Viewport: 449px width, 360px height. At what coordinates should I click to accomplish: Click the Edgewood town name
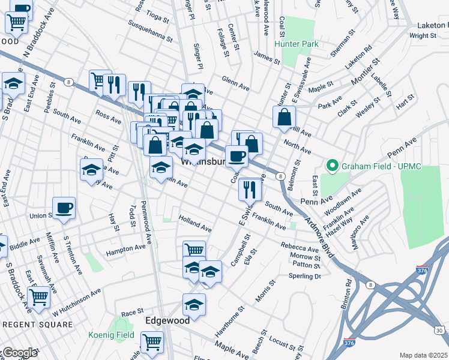click(167, 320)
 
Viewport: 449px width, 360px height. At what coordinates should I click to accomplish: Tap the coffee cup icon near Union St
click(64, 208)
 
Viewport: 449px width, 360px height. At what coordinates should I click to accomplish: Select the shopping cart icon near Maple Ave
click(152, 343)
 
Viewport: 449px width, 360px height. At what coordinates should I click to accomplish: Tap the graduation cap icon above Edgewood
click(194, 304)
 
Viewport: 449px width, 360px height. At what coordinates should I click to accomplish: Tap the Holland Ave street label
click(195, 226)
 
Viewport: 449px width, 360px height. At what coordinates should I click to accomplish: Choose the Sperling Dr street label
click(305, 276)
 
